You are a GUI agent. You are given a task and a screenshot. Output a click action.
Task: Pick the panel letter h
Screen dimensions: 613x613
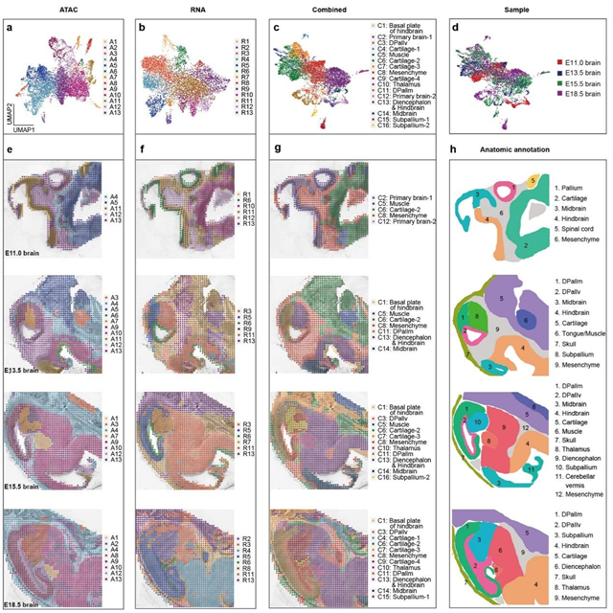click(x=454, y=147)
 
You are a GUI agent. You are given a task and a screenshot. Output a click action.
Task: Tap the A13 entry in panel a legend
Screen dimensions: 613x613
click(x=110, y=115)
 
